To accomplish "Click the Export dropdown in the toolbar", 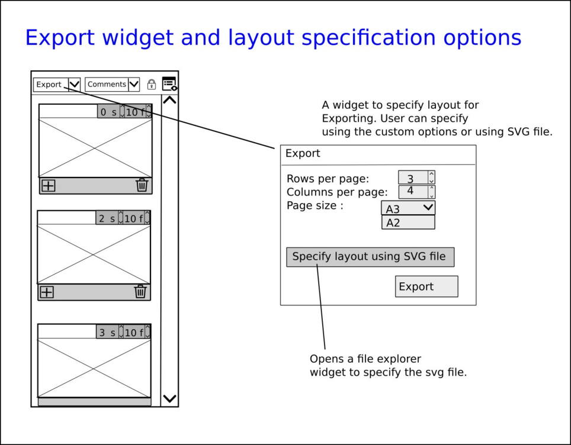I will pos(56,85).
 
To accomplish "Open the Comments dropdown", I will pos(112,85).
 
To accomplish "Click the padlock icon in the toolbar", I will pos(152,85).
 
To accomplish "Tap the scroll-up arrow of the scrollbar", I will pos(169,101).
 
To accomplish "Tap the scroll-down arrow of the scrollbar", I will pos(169,398).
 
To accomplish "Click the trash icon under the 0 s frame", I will pos(142,185).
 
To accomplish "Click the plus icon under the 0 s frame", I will pos(48,186).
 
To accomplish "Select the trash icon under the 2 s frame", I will pos(140,291).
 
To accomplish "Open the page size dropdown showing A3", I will pos(408,208).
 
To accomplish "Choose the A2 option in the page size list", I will pos(408,222).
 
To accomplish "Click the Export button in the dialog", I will pos(426,286).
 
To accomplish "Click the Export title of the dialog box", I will pos(303,153).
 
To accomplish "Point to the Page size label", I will pos(315,206).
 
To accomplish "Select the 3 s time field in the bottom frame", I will pos(107,333).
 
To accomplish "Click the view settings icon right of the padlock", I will pos(169,84).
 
